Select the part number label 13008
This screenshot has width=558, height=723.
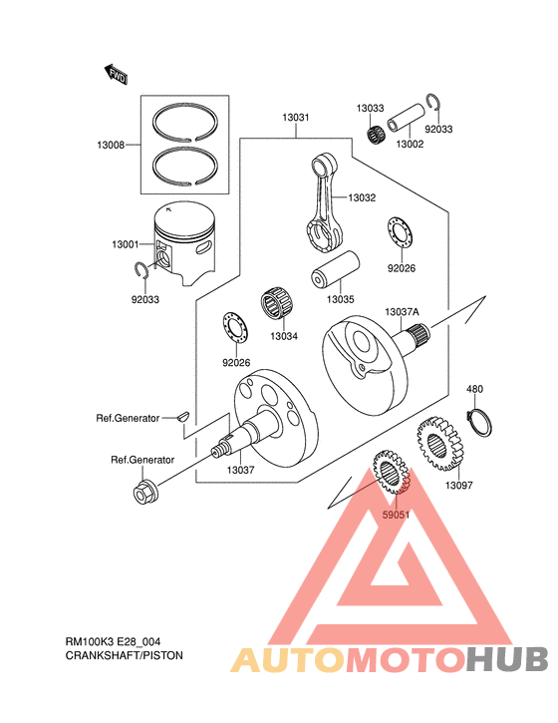pos(111,146)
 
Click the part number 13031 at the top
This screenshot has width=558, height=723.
pos(295,118)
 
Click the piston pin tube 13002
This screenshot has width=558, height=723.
pos(409,117)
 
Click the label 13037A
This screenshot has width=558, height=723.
pos(403,312)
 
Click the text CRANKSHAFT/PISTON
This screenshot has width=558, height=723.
pos(125,657)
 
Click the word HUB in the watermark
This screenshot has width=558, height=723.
pos(507,659)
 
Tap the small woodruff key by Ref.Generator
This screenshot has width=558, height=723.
pos(182,418)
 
